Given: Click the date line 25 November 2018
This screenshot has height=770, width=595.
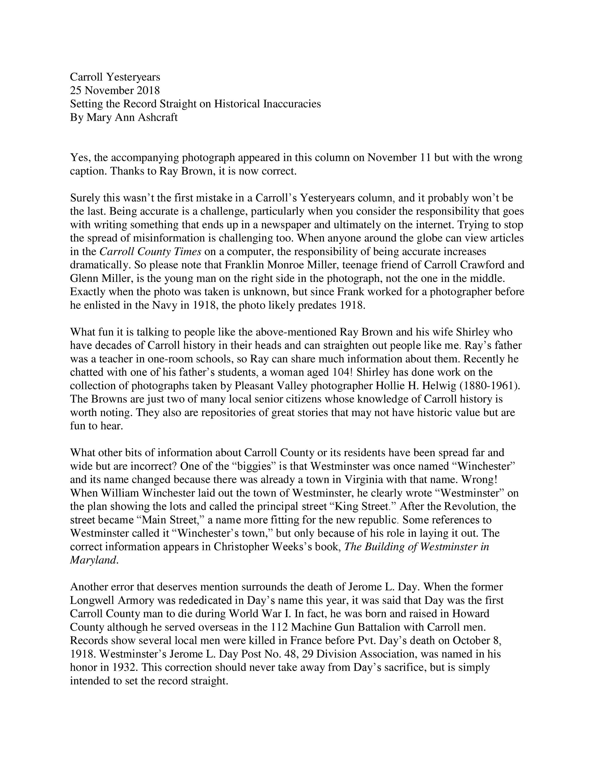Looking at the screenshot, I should pos(115,90).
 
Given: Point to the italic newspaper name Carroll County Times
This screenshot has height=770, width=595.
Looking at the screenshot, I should pos(150,251).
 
